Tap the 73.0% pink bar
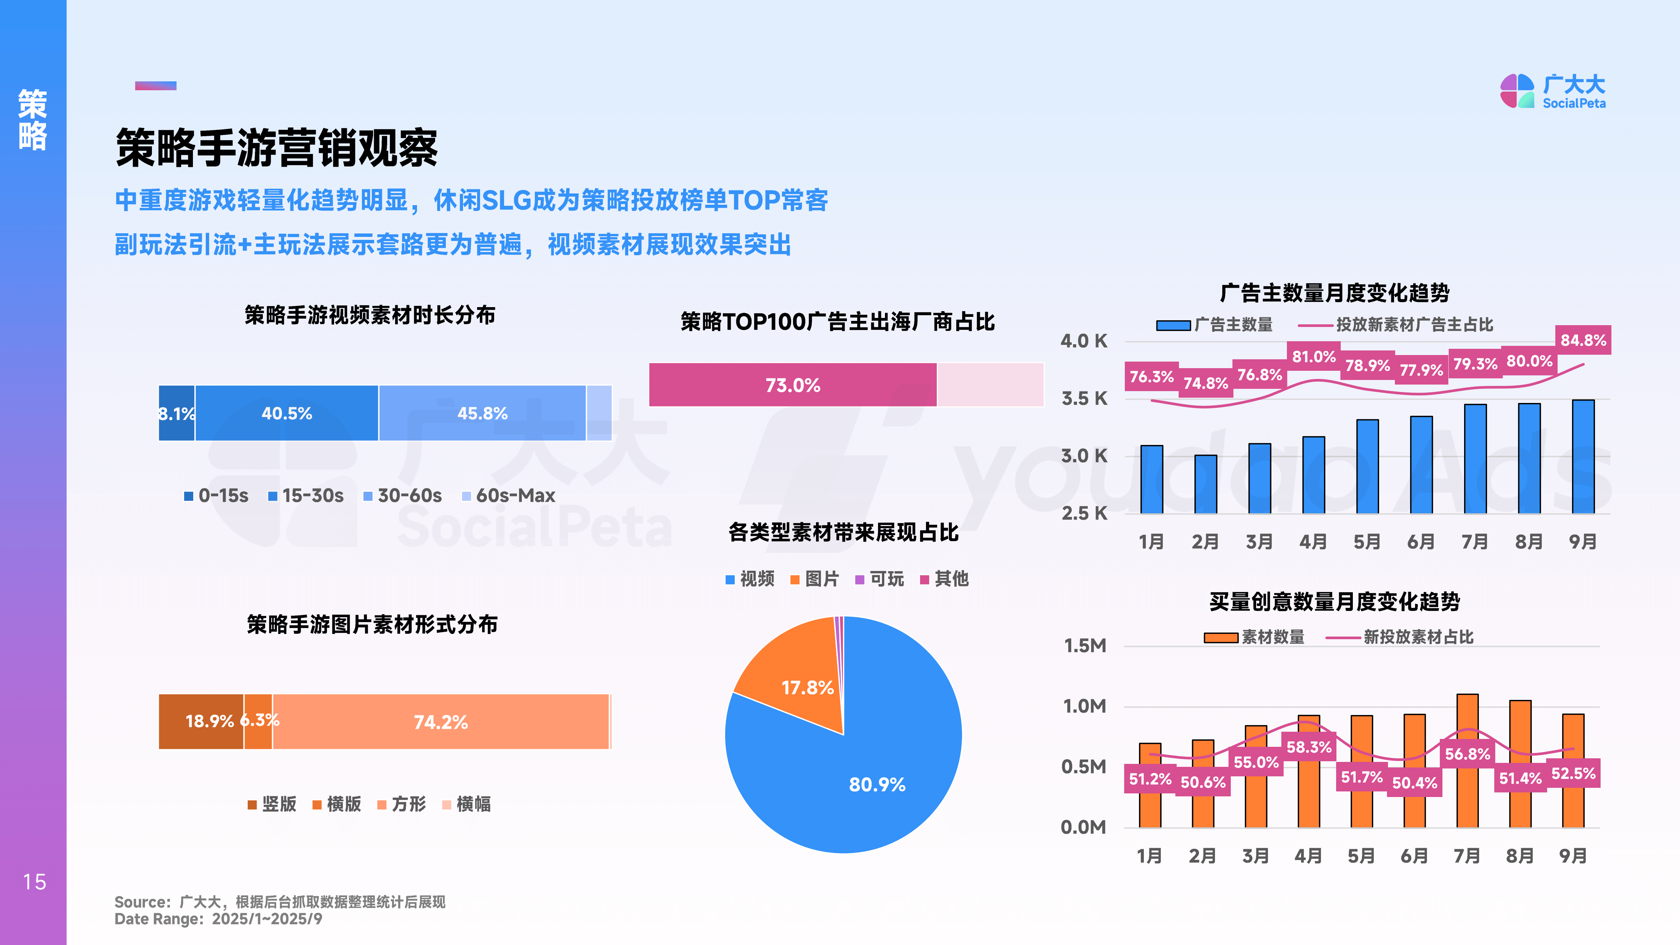[x=792, y=385]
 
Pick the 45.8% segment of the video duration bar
[x=482, y=413]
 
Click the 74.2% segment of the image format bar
[x=441, y=722]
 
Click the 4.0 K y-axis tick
[x=1083, y=341]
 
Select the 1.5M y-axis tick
[x=1084, y=646]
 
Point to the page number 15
[x=34, y=882]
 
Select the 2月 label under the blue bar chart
[x=1205, y=541]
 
